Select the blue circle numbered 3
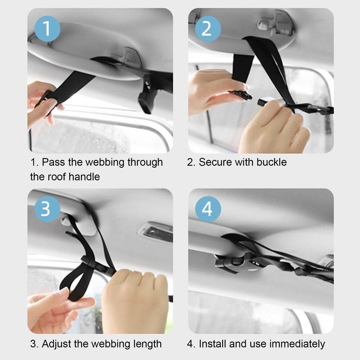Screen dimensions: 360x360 [x=47, y=209]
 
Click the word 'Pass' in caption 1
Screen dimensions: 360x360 [x=53, y=162]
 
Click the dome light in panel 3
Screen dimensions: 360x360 [x=156, y=232]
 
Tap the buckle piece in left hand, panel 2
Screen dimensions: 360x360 [x=240, y=95]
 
